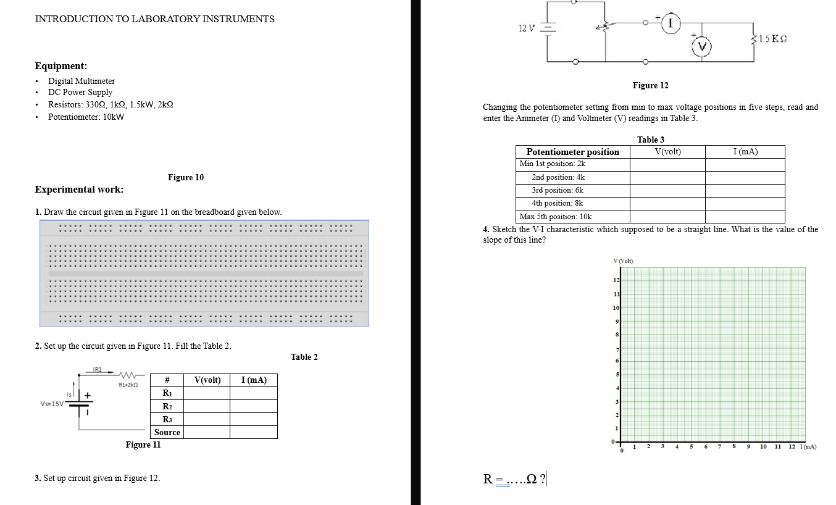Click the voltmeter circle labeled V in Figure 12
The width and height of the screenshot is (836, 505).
pyautogui.click(x=702, y=46)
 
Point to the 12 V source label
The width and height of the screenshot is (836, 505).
pyautogui.click(x=526, y=28)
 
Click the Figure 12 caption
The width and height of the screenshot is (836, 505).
pyautogui.click(x=650, y=85)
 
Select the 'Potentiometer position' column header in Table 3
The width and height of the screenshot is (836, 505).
pyautogui.click(x=572, y=152)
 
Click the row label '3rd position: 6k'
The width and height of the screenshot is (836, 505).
pyautogui.click(x=558, y=190)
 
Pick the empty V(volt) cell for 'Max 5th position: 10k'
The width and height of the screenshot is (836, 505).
pyautogui.click(x=667, y=217)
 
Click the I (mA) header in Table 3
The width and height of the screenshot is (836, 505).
pyautogui.click(x=745, y=152)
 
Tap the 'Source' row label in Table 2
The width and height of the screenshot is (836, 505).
pyautogui.click(x=167, y=432)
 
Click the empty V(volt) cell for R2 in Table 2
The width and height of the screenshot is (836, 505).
pyautogui.click(x=207, y=406)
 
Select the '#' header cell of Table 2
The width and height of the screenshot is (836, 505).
pyautogui.click(x=167, y=380)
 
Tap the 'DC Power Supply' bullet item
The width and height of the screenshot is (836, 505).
pyautogui.click(x=80, y=92)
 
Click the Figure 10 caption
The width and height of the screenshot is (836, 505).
pyautogui.click(x=185, y=177)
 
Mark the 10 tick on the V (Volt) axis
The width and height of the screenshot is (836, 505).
pyautogui.click(x=616, y=307)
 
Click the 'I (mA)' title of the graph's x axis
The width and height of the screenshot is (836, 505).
pyautogui.click(x=808, y=446)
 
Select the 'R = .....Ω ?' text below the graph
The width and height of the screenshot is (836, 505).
pyautogui.click(x=514, y=478)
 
